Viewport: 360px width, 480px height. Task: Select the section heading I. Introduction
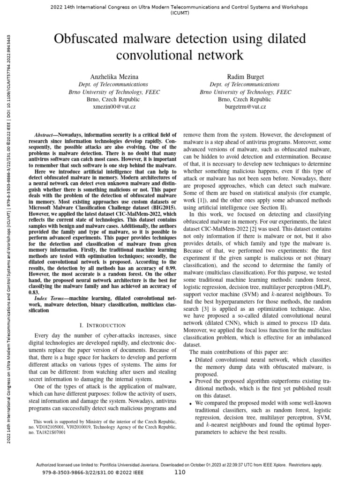coord(103,325)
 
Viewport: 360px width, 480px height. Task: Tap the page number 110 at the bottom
coord(180,472)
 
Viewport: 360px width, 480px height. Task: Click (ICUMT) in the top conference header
coord(180,14)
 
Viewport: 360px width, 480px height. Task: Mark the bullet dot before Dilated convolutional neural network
coord(190,360)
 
